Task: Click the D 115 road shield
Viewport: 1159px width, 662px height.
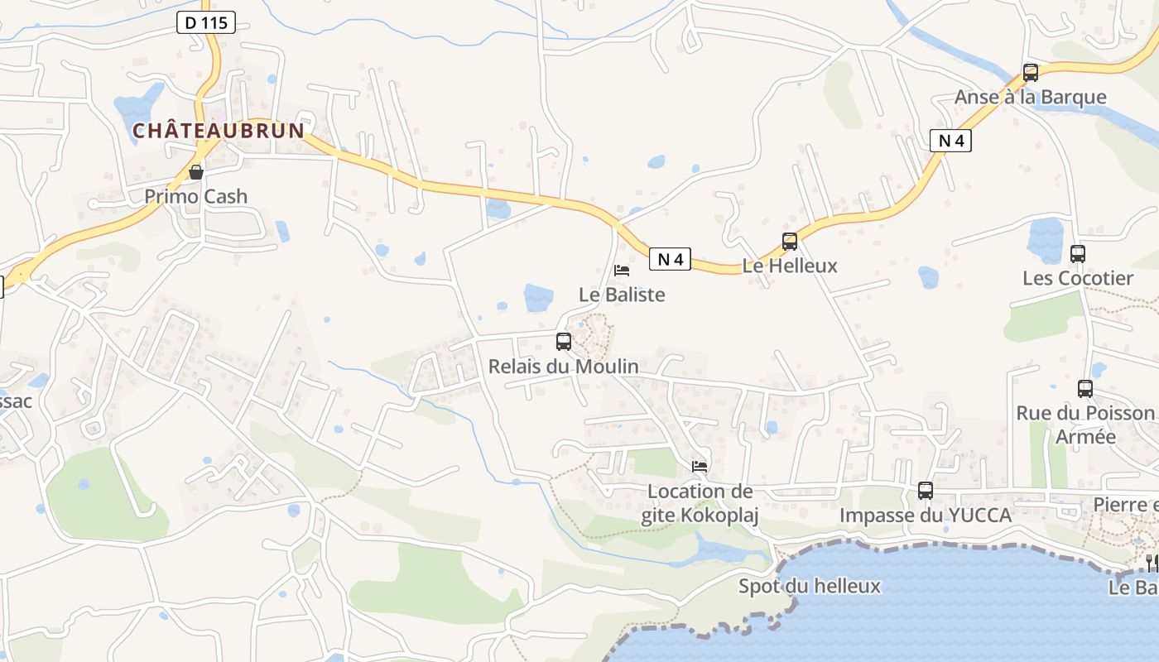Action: [206, 23]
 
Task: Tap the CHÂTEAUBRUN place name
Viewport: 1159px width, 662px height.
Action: [219, 131]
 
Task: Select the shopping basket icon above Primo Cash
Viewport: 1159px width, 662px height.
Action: [196, 172]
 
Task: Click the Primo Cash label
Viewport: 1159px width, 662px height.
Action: [196, 196]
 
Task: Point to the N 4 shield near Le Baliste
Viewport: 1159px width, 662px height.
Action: [670, 259]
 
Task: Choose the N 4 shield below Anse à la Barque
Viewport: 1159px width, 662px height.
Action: [950, 141]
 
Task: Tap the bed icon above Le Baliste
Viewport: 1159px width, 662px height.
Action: [622, 270]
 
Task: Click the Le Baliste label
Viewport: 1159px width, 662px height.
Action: [622, 295]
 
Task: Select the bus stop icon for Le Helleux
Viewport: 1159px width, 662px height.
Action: [790, 242]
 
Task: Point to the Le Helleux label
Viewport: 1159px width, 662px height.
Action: [790, 266]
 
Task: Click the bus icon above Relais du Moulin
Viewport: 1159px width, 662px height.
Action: [564, 341]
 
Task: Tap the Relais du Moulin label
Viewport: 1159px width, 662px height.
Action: [564, 366]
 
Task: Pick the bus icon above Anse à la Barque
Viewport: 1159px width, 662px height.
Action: [1031, 73]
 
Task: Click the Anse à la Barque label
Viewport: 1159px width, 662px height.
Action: [1031, 97]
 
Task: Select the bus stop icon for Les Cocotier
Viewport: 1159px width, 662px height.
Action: [1078, 254]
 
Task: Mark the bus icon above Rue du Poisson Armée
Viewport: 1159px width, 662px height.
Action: [1085, 388]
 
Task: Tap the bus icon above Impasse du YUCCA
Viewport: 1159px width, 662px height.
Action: [926, 491]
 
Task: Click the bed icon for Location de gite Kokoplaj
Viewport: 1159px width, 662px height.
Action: [700, 467]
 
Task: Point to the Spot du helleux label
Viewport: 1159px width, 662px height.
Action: [810, 587]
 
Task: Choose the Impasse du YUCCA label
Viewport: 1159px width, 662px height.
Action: [926, 516]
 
